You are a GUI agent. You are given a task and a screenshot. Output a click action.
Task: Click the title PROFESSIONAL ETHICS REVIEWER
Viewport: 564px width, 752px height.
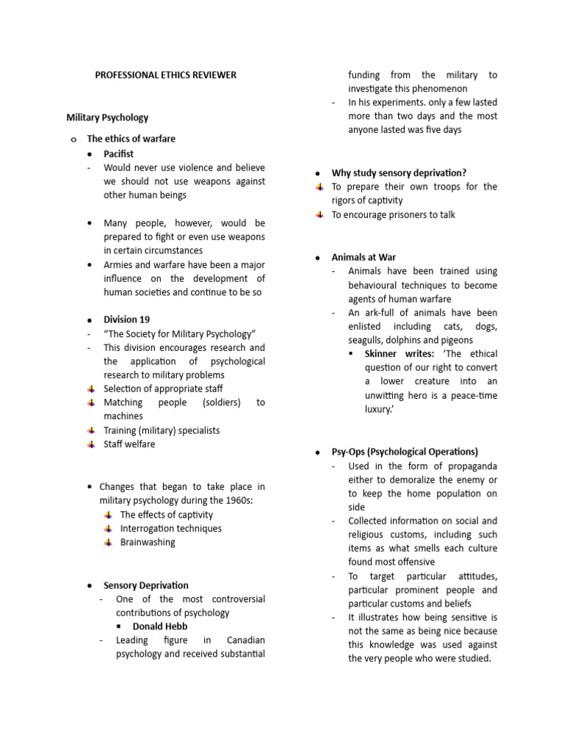pos(166,75)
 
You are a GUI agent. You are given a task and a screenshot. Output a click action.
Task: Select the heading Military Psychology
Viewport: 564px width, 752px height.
pos(107,117)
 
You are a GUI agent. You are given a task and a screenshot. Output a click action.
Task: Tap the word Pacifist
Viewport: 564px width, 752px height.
pos(119,153)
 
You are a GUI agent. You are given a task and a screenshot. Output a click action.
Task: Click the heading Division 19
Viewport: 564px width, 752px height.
pos(126,319)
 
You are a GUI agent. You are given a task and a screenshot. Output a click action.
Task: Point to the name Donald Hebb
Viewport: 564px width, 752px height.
pos(159,626)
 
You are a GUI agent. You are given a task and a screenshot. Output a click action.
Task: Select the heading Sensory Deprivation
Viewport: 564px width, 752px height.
pos(145,585)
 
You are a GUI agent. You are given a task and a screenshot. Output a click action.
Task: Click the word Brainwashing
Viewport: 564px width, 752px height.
pos(148,542)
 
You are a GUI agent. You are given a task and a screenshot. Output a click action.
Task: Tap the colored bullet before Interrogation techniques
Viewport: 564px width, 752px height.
pos(107,528)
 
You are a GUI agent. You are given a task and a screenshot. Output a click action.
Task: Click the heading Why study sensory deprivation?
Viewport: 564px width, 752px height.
pos(399,173)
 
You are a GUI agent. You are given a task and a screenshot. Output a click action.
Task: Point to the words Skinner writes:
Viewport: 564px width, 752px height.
pos(399,354)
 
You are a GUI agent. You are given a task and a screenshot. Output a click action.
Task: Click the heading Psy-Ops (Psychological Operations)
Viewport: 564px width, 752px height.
pos(405,452)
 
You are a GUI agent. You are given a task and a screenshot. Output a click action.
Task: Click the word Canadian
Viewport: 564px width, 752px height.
pos(246,640)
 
